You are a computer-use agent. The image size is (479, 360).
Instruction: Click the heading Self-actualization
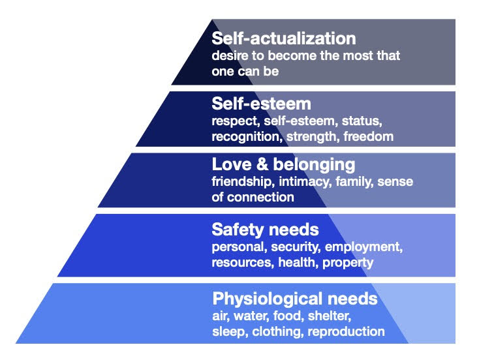click(283, 38)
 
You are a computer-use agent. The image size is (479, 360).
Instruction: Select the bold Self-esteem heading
click(261, 104)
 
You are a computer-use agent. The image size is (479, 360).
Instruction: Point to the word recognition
click(244, 136)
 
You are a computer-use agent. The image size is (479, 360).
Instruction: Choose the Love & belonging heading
click(283, 165)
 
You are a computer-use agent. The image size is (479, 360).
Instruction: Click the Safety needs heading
click(265, 230)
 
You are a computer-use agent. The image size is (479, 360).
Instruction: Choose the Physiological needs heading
click(294, 299)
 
